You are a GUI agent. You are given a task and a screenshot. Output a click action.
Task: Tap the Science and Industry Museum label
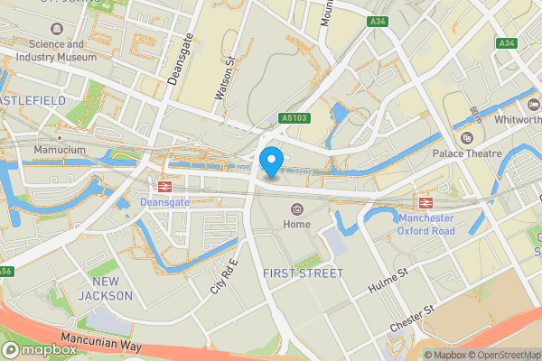click(62, 50)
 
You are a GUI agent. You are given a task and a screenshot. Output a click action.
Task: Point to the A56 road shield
click(5, 270)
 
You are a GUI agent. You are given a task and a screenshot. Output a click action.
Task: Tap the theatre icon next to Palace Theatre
click(467, 138)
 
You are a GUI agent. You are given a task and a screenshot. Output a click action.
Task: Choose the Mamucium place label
click(59, 149)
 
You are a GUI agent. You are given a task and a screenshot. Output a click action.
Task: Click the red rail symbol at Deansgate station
click(164, 186)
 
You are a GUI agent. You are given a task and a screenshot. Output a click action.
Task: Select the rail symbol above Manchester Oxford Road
click(425, 201)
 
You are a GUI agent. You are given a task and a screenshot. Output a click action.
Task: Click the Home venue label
click(296, 224)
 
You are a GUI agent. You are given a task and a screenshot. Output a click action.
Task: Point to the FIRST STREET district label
click(304, 273)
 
